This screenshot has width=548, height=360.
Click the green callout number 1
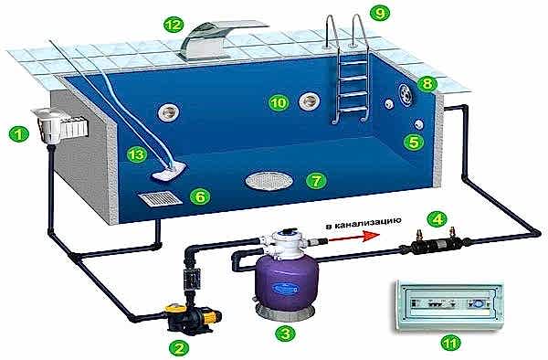(18, 134)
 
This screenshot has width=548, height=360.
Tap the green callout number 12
(174, 25)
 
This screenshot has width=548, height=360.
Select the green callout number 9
(380, 14)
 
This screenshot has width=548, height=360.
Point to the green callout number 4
(437, 219)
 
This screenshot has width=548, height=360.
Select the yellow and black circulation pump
(192, 317)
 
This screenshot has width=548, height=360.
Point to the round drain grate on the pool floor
(269, 181)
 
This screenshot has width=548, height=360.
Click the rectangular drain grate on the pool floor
(160, 198)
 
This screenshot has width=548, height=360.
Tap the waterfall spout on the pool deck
(224, 40)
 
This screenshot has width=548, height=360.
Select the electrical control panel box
(448, 305)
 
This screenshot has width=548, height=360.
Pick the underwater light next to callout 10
(310, 101)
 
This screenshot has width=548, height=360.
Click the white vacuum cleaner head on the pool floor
(170, 171)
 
